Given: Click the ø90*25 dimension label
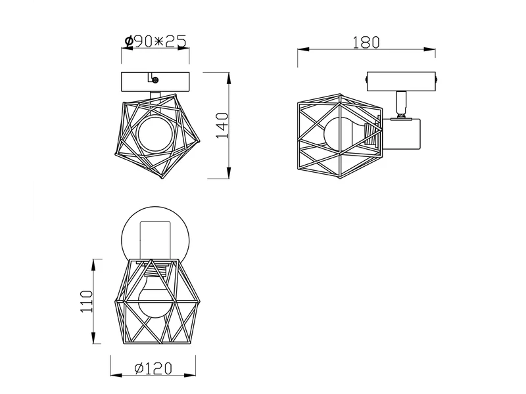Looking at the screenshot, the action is (x=155, y=41).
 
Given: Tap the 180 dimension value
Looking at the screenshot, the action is (x=366, y=43).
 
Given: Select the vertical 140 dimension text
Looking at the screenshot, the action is (x=222, y=125).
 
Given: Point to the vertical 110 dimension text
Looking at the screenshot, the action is (x=86, y=301).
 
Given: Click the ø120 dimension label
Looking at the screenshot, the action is (x=153, y=368).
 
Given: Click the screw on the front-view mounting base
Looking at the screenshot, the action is (x=155, y=79).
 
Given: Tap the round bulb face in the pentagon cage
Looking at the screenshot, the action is (x=155, y=134).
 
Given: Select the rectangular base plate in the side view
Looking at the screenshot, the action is (x=401, y=81).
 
